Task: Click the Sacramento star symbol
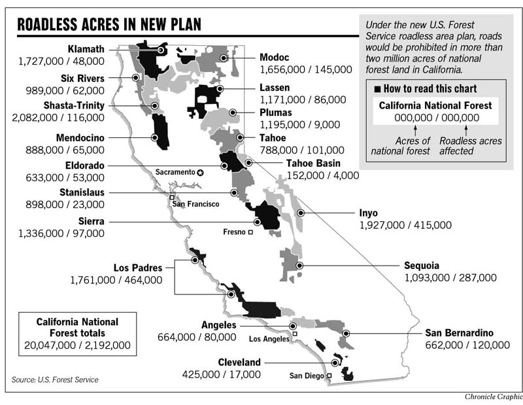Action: coord(201,172)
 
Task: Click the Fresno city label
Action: coord(233,232)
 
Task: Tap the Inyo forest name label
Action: coord(368,213)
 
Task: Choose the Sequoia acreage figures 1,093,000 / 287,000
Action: coord(450,277)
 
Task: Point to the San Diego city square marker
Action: coord(329,376)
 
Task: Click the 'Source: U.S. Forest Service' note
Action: coord(56,379)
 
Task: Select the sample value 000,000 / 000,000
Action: coord(437,117)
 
